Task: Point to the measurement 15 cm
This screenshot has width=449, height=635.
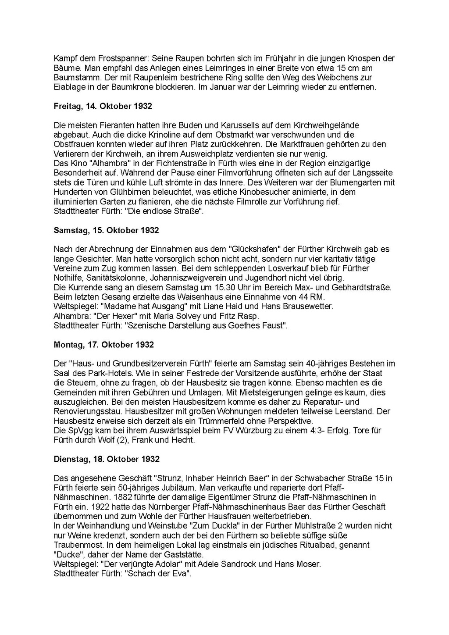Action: click(x=349, y=68)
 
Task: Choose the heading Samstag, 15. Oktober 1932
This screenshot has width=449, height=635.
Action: click(x=106, y=230)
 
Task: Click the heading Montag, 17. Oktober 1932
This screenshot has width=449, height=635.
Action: click(x=103, y=345)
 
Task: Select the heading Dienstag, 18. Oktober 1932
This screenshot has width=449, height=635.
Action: click(x=107, y=459)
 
